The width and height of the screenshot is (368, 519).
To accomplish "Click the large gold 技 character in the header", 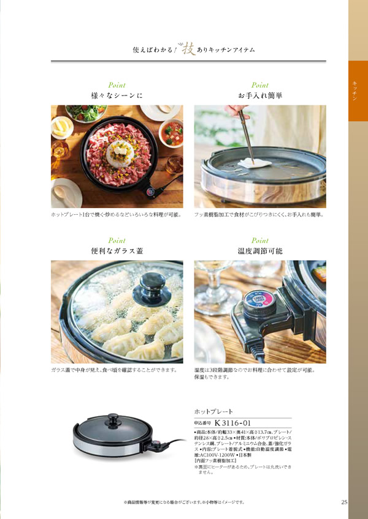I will (186, 46).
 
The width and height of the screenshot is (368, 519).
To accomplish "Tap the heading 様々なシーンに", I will (117, 95).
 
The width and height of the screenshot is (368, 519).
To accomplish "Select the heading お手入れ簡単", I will (260, 95).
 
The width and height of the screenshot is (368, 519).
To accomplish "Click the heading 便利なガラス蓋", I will (117, 251).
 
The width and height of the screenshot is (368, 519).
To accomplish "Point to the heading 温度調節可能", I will (260, 251).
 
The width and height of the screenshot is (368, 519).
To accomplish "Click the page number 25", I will (344, 502).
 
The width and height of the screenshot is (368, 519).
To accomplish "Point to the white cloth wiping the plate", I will (253, 162).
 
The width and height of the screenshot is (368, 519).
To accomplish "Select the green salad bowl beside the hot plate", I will (86, 113).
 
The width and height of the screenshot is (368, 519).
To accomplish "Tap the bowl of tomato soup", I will (172, 132).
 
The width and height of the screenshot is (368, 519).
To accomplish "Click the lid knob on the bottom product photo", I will (114, 420).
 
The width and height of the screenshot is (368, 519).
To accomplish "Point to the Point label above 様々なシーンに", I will (117, 85).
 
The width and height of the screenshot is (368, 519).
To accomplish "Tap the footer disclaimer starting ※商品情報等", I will (184, 502).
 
